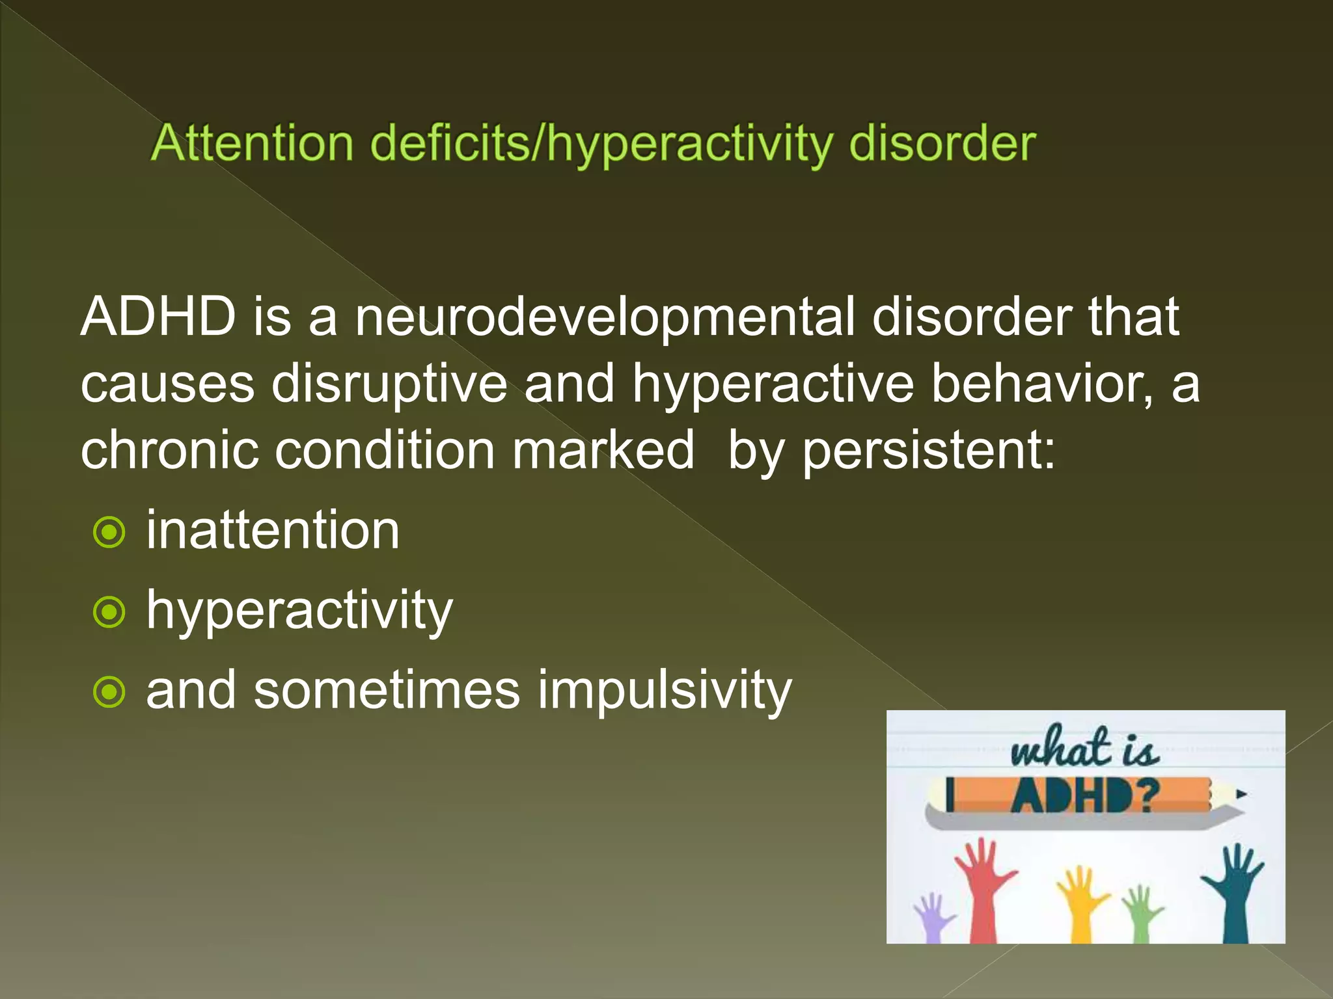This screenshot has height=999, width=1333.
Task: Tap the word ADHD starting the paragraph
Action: coord(158,317)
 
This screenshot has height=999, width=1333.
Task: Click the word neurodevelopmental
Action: coord(605,317)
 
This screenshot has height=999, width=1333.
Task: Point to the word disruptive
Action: coord(389,384)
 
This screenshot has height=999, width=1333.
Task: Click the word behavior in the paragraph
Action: coord(1041,384)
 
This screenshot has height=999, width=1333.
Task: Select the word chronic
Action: coord(169,450)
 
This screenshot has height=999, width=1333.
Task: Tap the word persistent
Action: coord(928,450)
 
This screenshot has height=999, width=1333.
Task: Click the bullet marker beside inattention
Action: coord(109,533)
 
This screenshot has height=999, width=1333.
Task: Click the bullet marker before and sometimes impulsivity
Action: coord(109,692)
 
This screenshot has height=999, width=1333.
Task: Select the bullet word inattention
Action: coord(272,531)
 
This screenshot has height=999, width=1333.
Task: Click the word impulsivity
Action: coord(665,691)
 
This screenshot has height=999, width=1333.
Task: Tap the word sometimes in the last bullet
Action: coord(387,691)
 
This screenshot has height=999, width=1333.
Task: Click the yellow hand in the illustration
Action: coord(1080,901)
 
